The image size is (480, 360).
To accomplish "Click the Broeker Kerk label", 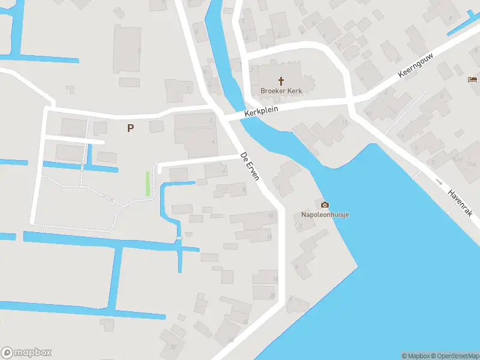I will click(x=281, y=91).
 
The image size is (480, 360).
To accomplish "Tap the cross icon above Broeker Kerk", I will click(x=281, y=80).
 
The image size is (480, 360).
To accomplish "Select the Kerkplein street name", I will click(x=261, y=112).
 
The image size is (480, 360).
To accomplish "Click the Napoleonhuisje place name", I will click(x=325, y=215).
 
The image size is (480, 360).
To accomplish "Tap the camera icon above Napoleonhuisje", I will click(x=325, y=205).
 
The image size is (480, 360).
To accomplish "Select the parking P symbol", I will click(x=130, y=128).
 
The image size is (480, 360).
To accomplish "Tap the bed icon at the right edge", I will click(x=473, y=79).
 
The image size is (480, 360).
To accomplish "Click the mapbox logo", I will click(x=26, y=353).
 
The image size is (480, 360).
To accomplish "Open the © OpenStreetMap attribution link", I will click(x=454, y=356).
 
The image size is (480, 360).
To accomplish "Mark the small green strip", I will click(x=148, y=184).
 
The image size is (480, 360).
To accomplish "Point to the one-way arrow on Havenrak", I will click(x=439, y=181).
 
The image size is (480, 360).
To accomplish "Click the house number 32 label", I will click(x=173, y=346).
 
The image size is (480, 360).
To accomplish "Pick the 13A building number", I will click(x=472, y=164).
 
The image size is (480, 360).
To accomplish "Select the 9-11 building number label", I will click(x=458, y=160).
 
